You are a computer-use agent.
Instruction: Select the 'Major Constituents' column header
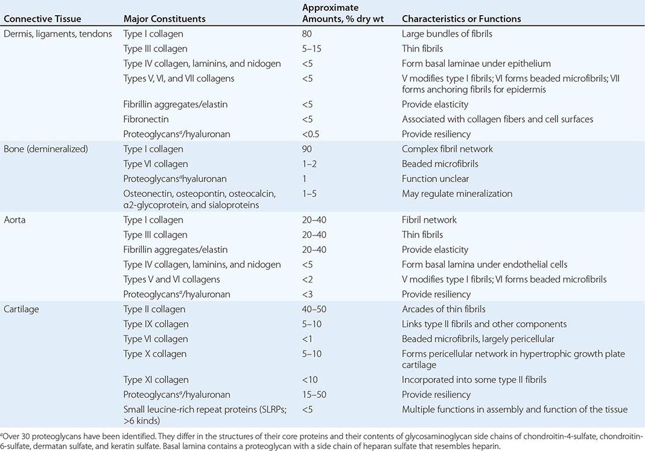(164, 19)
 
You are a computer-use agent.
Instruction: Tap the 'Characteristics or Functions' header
(462, 19)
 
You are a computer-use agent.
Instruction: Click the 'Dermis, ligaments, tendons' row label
(57, 34)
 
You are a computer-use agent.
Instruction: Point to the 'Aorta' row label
(16, 220)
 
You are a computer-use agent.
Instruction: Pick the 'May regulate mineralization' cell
(457, 193)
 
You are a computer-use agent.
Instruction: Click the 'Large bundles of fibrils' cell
(447, 34)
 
